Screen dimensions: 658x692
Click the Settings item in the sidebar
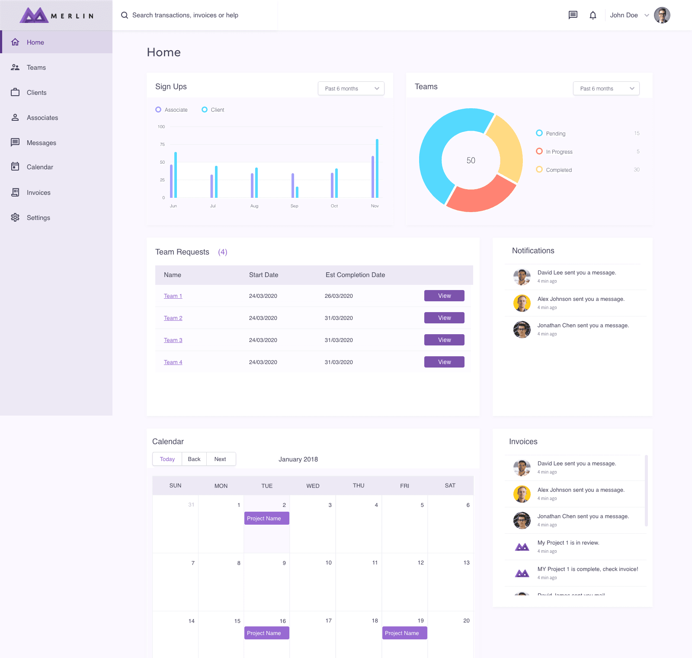click(38, 218)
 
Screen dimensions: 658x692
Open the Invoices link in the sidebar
click(38, 193)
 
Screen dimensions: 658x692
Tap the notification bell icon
click(593, 15)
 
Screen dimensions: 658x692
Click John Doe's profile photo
click(662, 15)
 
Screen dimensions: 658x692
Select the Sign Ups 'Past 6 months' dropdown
click(351, 89)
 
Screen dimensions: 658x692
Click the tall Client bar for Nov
click(377, 168)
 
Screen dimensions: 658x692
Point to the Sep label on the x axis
click(294, 206)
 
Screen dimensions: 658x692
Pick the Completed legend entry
click(558, 170)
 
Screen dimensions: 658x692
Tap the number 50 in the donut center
click(471, 161)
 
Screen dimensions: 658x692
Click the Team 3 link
click(173, 340)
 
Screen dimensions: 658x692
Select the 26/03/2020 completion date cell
click(339, 296)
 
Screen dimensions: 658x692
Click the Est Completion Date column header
click(355, 275)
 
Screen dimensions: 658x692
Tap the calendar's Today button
click(167, 459)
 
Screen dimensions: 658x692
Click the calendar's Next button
click(220, 459)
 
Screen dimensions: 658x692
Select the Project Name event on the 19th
click(404, 633)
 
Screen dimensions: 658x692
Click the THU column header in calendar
click(359, 486)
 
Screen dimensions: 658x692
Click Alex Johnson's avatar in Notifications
click(522, 303)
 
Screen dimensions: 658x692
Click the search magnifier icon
click(125, 15)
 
